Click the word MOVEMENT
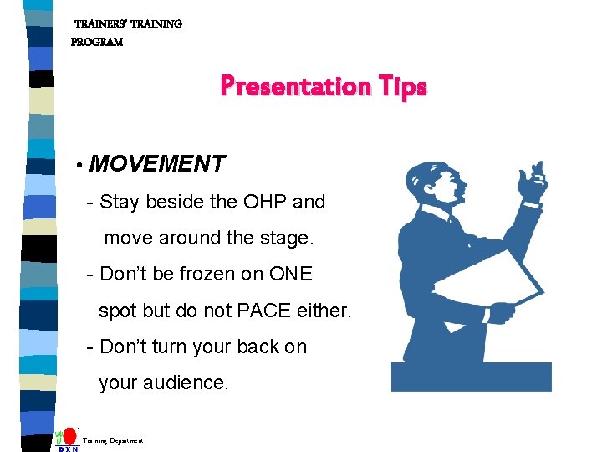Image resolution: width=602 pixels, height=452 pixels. (157, 164)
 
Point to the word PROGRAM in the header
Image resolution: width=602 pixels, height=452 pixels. (97, 42)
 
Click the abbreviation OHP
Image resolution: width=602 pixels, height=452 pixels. (265, 202)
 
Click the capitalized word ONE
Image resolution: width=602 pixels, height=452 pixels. (290, 275)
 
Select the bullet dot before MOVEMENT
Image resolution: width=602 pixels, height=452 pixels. (78, 166)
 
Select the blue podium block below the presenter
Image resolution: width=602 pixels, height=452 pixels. (472, 377)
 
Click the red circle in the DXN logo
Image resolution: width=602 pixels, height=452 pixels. (70, 436)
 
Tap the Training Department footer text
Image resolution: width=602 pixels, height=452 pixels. (113, 440)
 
